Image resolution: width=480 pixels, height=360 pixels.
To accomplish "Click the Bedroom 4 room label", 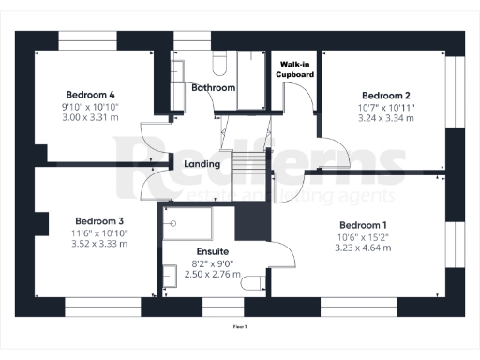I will pyautogui.click(x=91, y=94).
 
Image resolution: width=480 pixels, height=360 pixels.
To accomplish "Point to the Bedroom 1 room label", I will pyautogui.click(x=364, y=225).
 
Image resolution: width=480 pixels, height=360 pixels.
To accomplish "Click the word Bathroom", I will pyautogui.click(x=213, y=87).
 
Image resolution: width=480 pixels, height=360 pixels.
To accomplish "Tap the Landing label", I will pyautogui.click(x=202, y=164).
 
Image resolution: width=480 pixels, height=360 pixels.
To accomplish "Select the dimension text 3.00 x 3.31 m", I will pyautogui.click(x=91, y=118).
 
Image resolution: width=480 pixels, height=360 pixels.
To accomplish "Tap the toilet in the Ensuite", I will pyautogui.click(x=249, y=283).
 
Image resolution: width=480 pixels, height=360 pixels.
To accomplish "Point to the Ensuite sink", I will pyautogui.click(x=169, y=276).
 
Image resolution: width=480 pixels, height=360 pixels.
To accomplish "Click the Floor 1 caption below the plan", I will pyautogui.click(x=240, y=326).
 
